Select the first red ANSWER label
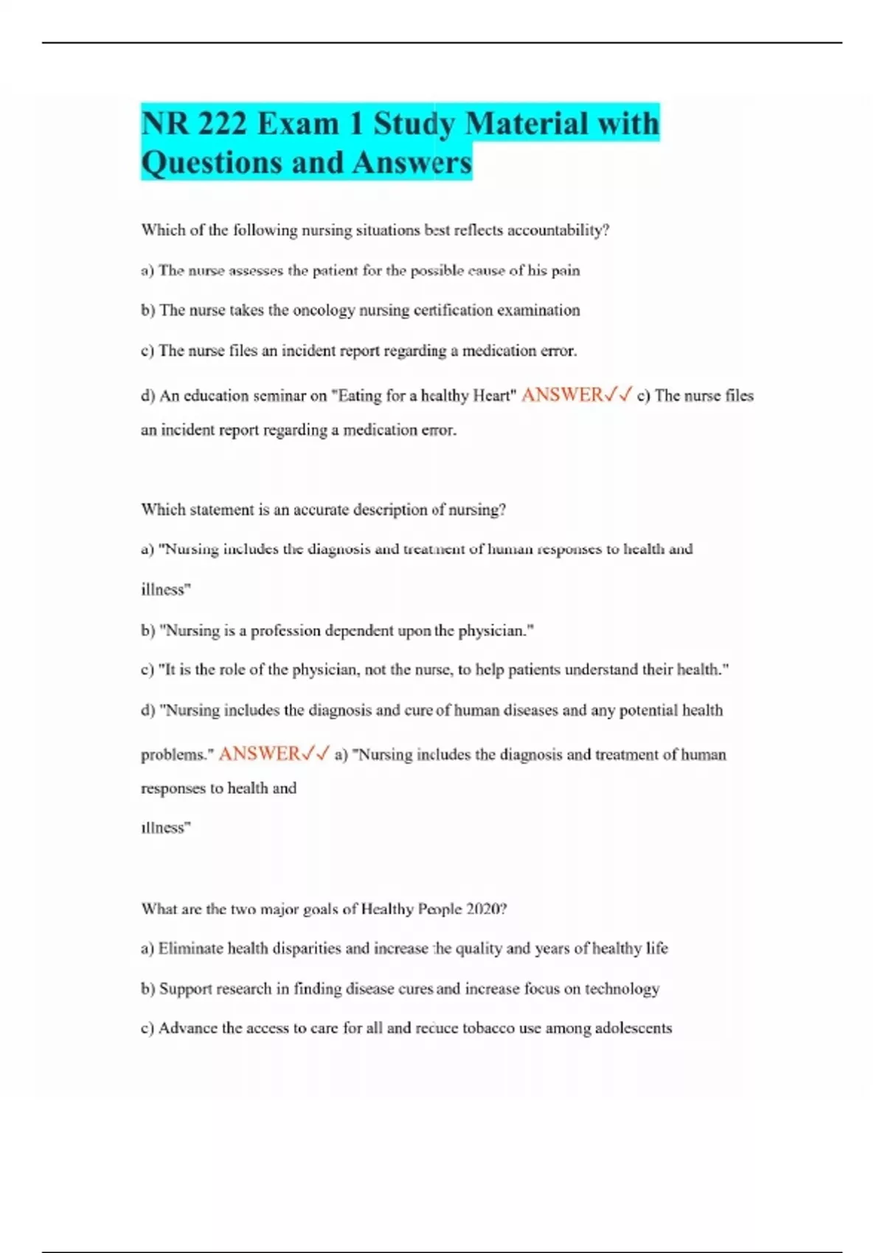pos(562,395)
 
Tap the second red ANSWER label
pos(259,753)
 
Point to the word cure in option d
pos(418,711)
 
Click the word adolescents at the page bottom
pos(634,1028)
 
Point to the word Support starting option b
pos(185,989)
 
